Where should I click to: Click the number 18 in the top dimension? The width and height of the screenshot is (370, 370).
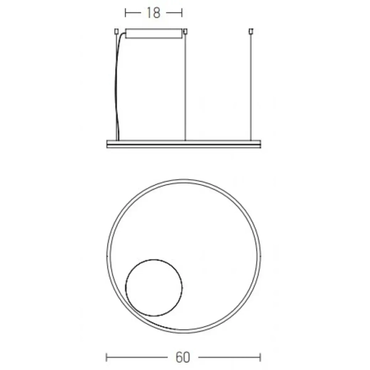coord(154,12)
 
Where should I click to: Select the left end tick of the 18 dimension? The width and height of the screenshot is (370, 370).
coord(126,12)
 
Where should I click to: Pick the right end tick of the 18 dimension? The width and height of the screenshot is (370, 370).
coord(183,12)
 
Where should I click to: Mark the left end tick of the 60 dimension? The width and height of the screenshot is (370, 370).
coord(107,357)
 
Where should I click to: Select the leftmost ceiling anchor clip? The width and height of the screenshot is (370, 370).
coord(116,30)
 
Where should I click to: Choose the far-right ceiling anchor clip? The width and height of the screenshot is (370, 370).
coord(251,30)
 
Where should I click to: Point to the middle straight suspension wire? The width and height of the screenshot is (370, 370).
coord(186,86)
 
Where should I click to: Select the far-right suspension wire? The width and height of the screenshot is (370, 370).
coord(251,86)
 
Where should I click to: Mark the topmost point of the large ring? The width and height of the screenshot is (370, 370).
coord(184,180)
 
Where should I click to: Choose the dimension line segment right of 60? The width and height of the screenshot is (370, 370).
coord(228,357)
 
